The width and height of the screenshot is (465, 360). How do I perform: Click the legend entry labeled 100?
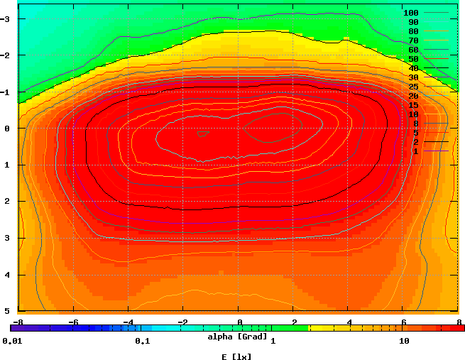click(x=411, y=13)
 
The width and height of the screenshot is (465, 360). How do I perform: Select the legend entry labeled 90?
click(x=413, y=22)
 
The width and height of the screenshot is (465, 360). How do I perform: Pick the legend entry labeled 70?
click(x=413, y=40)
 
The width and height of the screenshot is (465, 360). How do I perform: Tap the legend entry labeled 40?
click(x=413, y=68)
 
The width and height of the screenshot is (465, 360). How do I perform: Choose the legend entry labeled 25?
click(x=413, y=87)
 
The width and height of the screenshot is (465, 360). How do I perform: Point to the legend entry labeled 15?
click(x=413, y=105)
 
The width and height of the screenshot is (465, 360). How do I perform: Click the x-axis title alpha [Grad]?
click(x=237, y=336)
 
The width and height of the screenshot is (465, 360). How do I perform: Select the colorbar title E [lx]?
click(x=236, y=356)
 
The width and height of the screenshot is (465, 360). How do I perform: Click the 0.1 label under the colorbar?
click(x=141, y=342)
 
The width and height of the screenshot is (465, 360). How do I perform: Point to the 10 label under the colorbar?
click(x=404, y=342)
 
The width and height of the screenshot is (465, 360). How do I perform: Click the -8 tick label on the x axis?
click(x=17, y=321)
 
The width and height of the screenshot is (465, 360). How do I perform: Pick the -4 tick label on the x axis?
click(x=128, y=321)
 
